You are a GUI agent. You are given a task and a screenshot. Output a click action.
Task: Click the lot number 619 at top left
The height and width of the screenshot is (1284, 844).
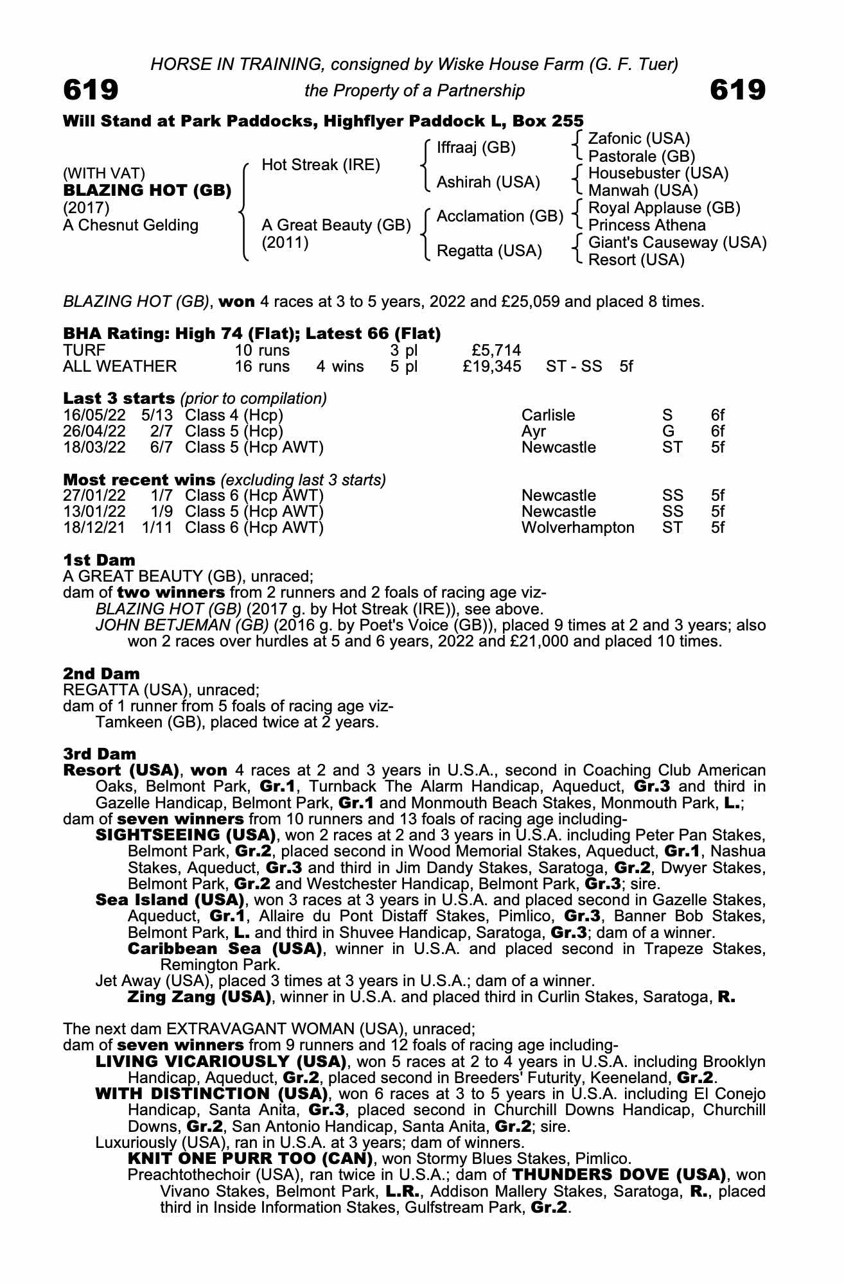coord(91,90)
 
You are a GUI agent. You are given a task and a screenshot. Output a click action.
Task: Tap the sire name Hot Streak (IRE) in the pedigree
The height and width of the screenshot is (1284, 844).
coord(321,165)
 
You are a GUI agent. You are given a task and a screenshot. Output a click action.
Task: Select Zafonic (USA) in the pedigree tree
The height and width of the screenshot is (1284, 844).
coord(638,139)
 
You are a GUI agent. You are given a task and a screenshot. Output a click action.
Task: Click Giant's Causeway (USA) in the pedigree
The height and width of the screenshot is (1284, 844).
coord(677,243)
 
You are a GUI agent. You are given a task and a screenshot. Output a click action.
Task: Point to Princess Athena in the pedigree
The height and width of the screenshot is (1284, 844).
coord(646,225)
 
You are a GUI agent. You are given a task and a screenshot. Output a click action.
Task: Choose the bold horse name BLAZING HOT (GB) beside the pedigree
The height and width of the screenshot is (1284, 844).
coord(147,191)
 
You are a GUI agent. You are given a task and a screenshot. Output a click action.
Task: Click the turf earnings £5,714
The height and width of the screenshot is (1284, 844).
coord(495,351)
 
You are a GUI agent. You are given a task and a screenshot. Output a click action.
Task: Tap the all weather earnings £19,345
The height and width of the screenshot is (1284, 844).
coord(491,367)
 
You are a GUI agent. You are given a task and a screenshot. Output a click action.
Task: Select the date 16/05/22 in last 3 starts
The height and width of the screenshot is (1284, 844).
coord(94,415)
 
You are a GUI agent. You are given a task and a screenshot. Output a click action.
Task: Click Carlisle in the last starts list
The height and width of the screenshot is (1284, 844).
coord(548,415)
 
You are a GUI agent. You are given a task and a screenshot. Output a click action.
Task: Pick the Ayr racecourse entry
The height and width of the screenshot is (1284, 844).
coord(533,431)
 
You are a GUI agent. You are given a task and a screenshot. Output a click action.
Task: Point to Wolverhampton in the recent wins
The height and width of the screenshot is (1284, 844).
coord(577,528)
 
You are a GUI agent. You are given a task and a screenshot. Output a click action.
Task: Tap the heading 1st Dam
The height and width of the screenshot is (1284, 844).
coord(99,560)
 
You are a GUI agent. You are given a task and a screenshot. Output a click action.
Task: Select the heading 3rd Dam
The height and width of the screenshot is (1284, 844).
coord(100,754)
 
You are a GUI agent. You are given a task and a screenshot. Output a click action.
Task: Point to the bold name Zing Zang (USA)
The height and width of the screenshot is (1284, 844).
coord(198,997)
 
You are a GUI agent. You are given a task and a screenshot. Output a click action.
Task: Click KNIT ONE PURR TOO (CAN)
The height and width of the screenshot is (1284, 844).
coord(251,1159)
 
